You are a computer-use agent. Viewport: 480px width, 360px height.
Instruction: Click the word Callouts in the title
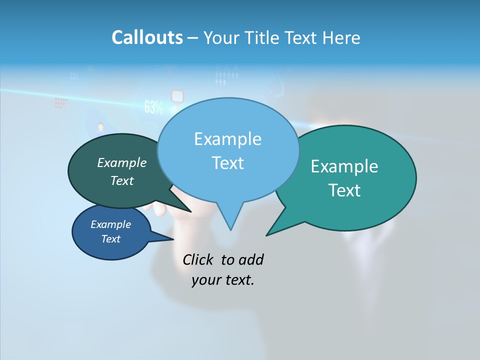coord(147,37)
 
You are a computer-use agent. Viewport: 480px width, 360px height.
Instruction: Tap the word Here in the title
coord(341,37)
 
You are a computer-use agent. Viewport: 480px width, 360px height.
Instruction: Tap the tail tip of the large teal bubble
coord(267,234)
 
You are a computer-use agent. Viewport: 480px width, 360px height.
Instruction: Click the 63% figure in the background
coord(153,107)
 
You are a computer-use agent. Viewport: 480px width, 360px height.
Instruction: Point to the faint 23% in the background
coord(74,76)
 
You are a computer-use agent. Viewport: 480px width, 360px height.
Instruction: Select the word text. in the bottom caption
coord(238,280)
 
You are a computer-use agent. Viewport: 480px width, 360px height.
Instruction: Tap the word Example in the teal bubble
coord(344,166)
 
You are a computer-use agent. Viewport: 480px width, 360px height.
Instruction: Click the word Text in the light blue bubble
coord(227,163)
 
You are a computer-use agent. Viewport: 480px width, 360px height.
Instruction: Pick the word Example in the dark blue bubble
coord(110,224)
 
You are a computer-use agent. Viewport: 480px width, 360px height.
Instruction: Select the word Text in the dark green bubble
coord(122,181)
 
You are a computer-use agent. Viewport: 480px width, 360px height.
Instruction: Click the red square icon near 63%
coord(177,95)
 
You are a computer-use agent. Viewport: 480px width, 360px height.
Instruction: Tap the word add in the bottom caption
coord(251,259)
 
